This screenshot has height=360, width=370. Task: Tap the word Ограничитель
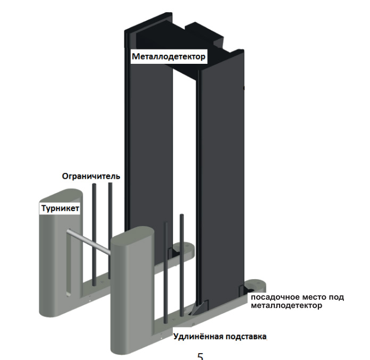click(91, 176)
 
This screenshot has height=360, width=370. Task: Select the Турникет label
click(60, 208)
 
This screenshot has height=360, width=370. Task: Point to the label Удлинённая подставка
click(220, 337)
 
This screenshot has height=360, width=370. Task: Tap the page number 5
click(200, 355)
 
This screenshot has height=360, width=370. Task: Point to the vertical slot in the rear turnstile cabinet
click(68, 266)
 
